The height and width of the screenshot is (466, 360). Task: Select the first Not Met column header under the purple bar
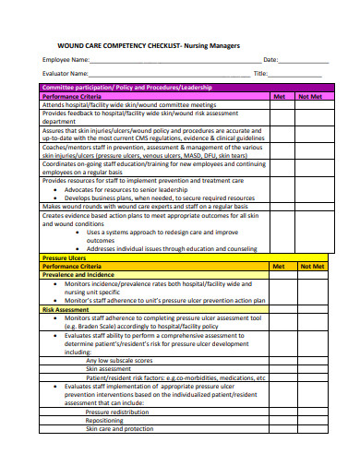coord(310,96)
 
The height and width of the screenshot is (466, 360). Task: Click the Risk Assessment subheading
coord(65,310)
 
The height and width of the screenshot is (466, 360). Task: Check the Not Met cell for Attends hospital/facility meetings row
coord(310,105)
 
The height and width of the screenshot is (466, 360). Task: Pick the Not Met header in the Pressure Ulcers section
coord(310,266)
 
